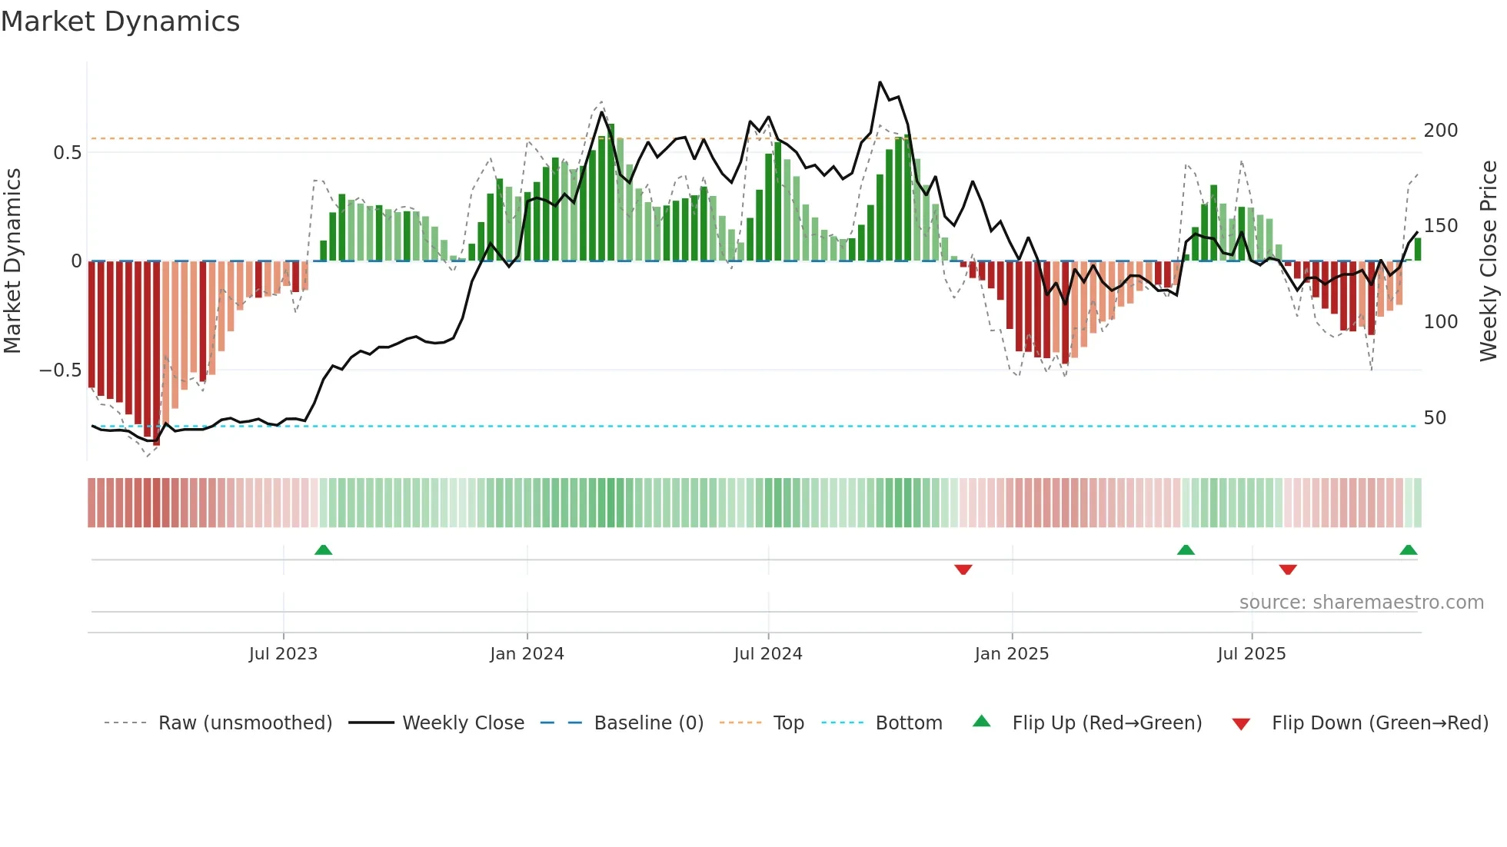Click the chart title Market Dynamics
pos(121,22)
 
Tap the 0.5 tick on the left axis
pos(67,153)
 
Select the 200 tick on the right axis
pos(1440,131)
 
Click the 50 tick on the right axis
pos(1435,418)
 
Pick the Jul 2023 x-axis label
pos(283,654)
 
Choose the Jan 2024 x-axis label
pos(527,654)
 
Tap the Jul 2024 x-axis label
pos(768,654)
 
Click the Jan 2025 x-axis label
pos(1011,654)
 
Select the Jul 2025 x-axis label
pos(1252,654)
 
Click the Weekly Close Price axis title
pos(1489,261)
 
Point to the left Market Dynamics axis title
pos(12,261)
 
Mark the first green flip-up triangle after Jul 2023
pos(323,550)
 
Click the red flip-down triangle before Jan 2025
pos(963,570)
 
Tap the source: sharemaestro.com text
pos(1361,603)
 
